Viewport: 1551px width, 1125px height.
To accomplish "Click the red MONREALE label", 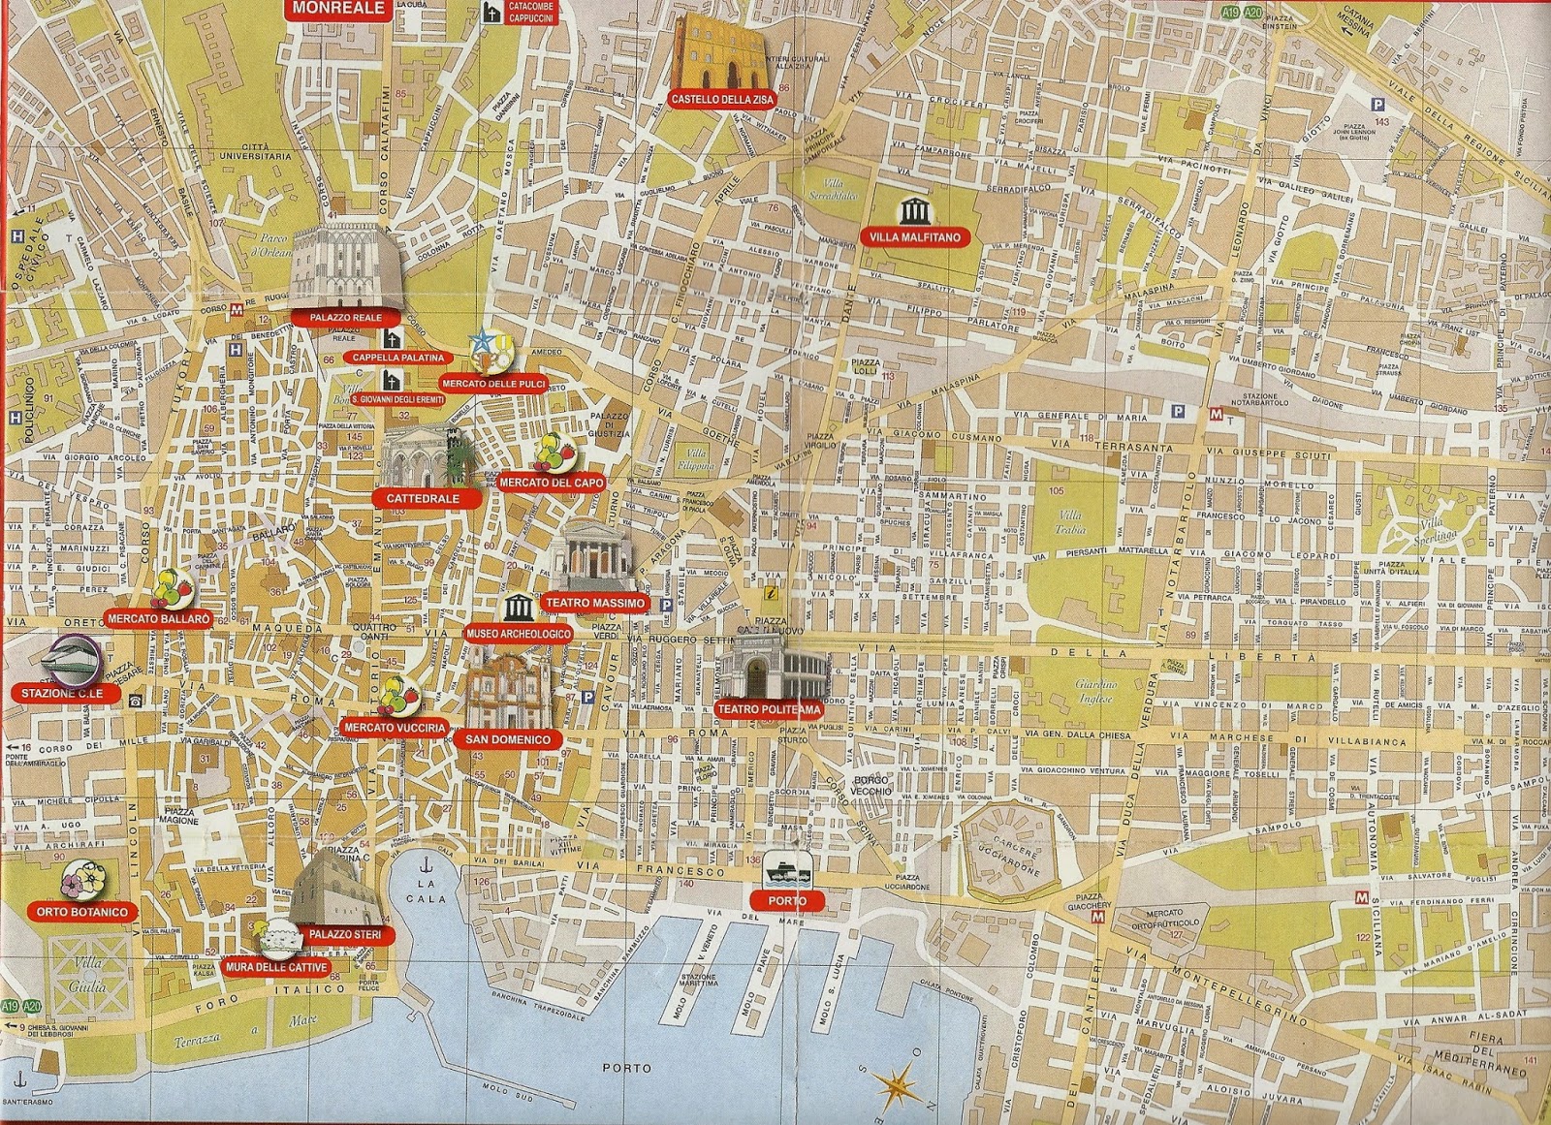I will coord(339,9).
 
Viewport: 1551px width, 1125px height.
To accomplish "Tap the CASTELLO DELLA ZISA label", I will coord(722,99).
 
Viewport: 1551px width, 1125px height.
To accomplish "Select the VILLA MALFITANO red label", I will coord(914,237).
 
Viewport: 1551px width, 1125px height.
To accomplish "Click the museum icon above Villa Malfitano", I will coord(913,210).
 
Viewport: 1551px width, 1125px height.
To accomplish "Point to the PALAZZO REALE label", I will coord(345,317).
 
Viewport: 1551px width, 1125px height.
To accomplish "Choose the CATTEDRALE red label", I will coord(423,498).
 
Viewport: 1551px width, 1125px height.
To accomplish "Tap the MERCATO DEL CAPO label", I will coord(551,482).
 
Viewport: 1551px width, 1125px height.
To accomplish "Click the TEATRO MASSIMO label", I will coord(594,602).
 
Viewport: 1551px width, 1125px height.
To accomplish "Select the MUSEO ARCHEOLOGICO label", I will coord(519,633).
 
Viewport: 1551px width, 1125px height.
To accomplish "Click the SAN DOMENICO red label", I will coord(508,739).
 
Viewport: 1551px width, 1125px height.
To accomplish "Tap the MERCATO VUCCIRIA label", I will coord(394,727).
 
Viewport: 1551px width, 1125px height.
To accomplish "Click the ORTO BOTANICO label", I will coord(82,912).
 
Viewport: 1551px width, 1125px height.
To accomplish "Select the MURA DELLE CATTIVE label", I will coord(276,966).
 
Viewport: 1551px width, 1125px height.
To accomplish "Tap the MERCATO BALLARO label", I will coord(158,618).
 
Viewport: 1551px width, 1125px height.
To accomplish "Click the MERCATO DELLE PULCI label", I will coord(492,384).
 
